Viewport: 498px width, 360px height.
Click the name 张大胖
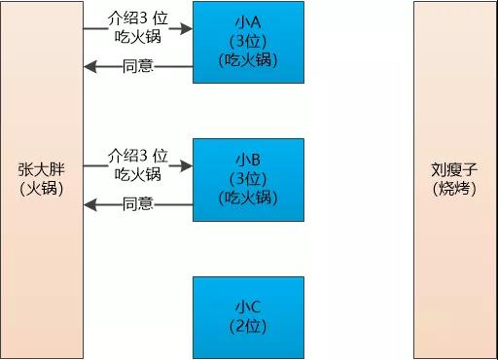coord(41,168)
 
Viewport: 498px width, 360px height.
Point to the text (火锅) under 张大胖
coord(41,189)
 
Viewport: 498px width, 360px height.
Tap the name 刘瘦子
coord(454,168)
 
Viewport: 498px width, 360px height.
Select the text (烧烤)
coord(454,188)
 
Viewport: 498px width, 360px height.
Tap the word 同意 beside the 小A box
coord(138,67)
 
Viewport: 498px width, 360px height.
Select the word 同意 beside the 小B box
coord(138,204)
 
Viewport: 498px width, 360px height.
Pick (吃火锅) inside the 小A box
coord(248,59)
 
